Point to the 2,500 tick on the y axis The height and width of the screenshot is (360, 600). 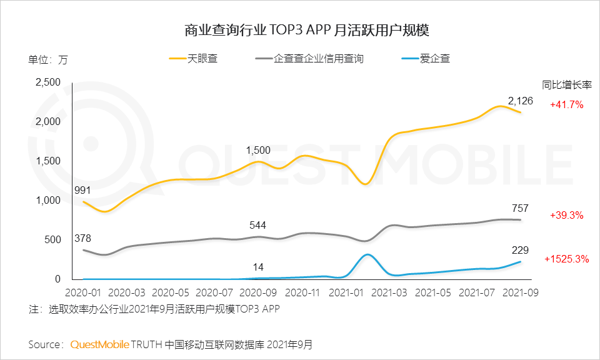(47, 82)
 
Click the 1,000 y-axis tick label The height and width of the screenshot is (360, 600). (47, 201)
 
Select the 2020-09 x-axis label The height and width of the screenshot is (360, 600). (257, 292)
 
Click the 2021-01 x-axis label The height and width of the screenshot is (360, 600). (346, 292)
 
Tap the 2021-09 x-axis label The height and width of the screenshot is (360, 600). (521, 292)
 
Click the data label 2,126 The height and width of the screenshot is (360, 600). (520, 101)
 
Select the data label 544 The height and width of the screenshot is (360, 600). (257, 224)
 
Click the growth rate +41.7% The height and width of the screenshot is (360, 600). (567, 105)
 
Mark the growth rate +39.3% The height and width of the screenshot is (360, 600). (567, 216)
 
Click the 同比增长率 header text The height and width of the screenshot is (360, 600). (566, 85)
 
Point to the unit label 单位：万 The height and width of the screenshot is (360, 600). (48, 61)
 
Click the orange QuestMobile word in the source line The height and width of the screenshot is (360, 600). (99, 344)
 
